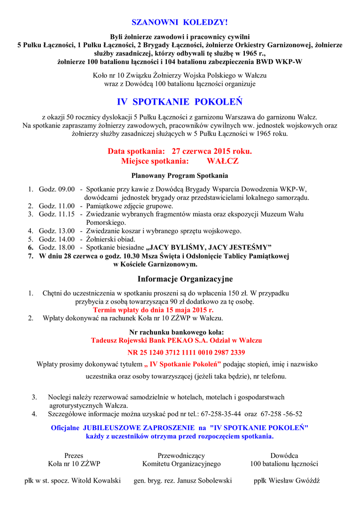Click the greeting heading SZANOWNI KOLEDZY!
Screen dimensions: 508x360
click(179, 22)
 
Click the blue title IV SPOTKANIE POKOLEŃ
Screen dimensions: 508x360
click(180, 102)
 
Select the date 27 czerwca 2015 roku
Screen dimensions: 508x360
click(212, 151)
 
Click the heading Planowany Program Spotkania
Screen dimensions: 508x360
click(180, 176)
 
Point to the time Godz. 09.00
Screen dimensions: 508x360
click(57, 189)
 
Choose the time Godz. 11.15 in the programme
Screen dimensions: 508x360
click(57, 214)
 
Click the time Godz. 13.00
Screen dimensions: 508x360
click(57, 231)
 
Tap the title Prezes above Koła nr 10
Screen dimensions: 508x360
click(74, 455)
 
